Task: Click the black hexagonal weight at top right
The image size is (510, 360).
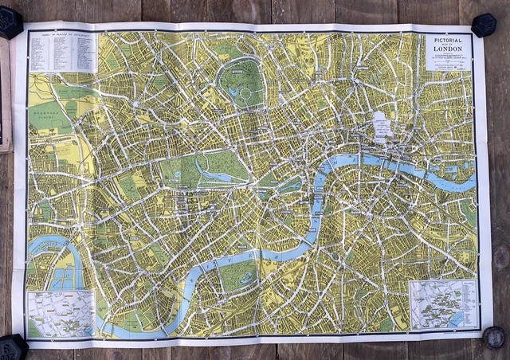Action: click(x=484, y=24)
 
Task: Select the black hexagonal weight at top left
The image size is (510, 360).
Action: click(x=10, y=22)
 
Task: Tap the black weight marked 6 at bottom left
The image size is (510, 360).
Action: click(x=14, y=347)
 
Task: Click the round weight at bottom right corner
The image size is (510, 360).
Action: click(x=494, y=338)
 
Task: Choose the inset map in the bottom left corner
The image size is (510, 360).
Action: click(x=61, y=313)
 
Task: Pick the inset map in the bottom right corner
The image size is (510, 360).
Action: click(x=443, y=305)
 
